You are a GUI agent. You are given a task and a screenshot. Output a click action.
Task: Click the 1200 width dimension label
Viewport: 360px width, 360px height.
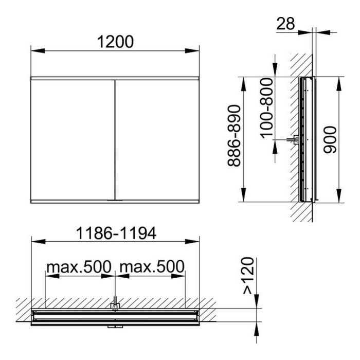[115, 42]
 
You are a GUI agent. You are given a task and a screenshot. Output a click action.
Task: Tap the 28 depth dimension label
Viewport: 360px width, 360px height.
[285, 24]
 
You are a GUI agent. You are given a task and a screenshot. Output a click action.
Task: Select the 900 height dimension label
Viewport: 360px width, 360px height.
[330, 139]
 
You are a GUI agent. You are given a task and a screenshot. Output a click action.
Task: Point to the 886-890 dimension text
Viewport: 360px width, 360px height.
[234, 135]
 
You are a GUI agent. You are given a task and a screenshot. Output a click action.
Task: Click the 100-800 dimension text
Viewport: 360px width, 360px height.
[266, 108]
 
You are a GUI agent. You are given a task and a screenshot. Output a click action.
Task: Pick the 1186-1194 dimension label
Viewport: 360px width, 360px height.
[116, 233]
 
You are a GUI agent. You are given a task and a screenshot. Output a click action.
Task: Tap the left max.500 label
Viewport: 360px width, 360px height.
[79, 266]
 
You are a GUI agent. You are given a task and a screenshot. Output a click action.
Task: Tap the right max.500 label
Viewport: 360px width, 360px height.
[152, 266]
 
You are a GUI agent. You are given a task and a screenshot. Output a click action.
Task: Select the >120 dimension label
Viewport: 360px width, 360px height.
[248, 276]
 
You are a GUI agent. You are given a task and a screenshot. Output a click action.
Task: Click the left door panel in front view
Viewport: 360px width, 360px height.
[73, 140]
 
